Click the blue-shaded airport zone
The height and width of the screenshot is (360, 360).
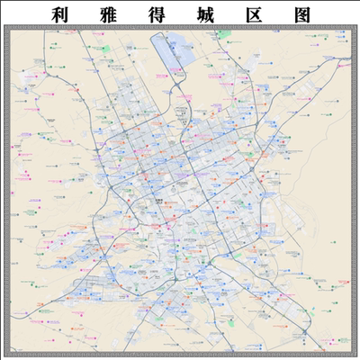tap(176, 54)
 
